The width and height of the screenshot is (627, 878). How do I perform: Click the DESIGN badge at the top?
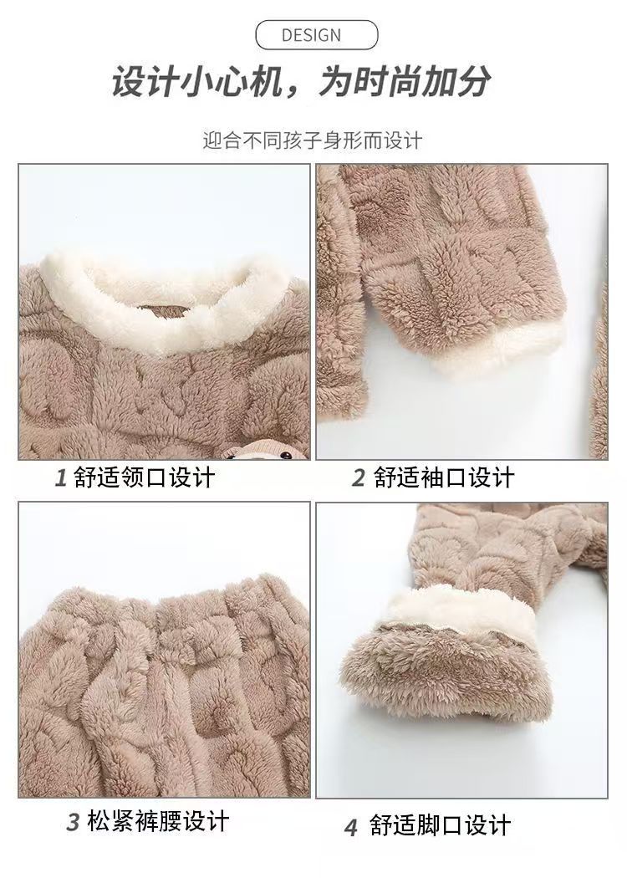pyautogui.click(x=316, y=35)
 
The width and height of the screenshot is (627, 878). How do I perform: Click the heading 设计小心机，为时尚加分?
pyautogui.click(x=301, y=82)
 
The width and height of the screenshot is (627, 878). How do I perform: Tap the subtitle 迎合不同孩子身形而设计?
pyautogui.click(x=312, y=140)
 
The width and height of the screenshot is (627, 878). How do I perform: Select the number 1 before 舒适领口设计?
pyautogui.click(x=62, y=477)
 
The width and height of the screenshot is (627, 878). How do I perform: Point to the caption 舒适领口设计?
pyautogui.click(x=144, y=477)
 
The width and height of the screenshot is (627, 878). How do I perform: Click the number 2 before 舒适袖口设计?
pyautogui.click(x=359, y=477)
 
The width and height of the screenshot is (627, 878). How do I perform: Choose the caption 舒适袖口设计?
pyautogui.click(x=443, y=477)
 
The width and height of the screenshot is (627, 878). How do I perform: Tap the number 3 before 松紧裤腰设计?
pyautogui.click(x=74, y=822)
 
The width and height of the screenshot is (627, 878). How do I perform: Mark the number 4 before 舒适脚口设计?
pyautogui.click(x=351, y=827)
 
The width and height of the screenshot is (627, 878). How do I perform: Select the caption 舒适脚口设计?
pyautogui.click(x=440, y=825)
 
